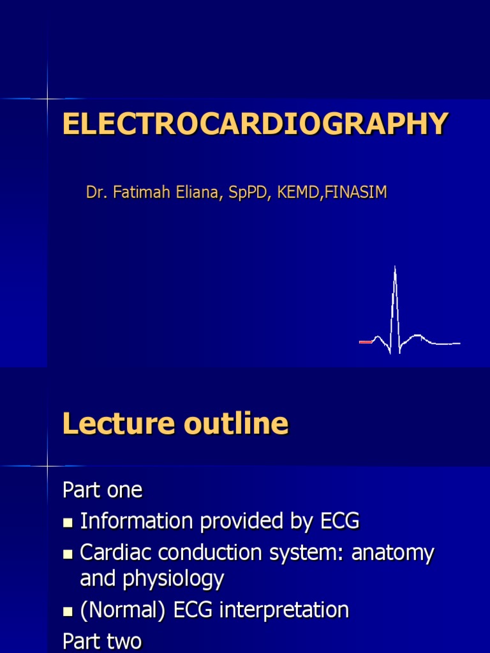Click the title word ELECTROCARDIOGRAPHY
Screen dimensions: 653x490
pos(255,124)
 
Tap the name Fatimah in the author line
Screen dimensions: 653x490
pos(135,193)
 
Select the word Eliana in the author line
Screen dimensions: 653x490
pos(193,193)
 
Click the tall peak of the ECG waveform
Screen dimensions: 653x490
pos(395,271)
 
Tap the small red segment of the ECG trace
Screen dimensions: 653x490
pos(366,342)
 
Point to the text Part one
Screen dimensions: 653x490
pos(103,490)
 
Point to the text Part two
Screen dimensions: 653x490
pos(102,641)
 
